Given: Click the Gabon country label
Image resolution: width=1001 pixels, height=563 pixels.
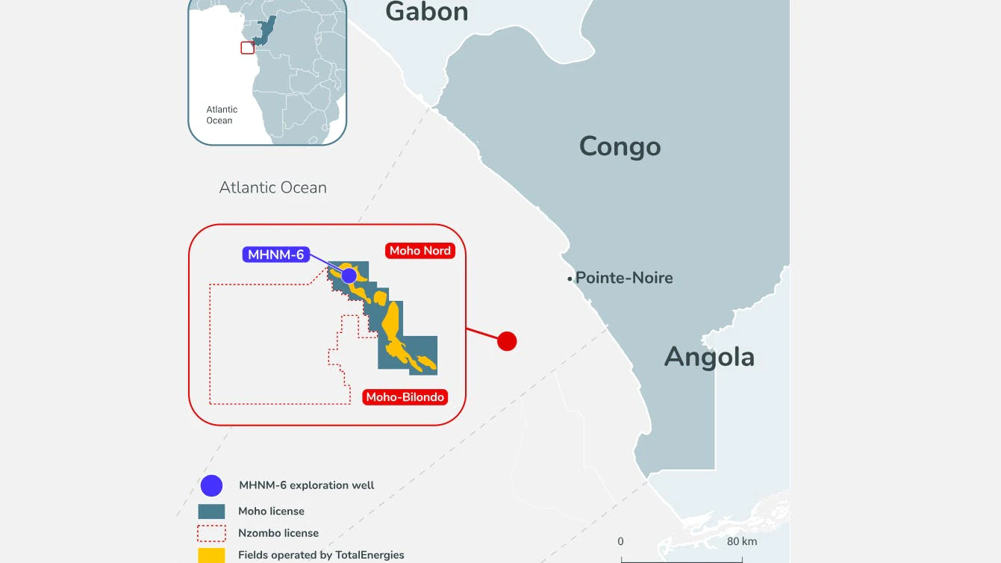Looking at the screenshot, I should click(426, 12).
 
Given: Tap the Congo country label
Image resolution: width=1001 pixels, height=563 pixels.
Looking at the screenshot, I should click(620, 146).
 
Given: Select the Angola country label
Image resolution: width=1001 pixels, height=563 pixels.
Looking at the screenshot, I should click(709, 357).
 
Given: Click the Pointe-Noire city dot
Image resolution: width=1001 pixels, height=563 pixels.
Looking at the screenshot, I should click(570, 279).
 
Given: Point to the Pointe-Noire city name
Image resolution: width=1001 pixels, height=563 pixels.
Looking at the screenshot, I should click(624, 278).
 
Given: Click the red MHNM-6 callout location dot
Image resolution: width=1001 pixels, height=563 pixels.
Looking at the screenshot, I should click(507, 341).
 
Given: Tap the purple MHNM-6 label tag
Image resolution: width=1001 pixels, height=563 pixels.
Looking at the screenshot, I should click(276, 255).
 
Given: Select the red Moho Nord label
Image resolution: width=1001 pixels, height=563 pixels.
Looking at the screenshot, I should click(420, 251).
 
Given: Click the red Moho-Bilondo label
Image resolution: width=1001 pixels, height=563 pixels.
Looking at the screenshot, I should click(405, 397).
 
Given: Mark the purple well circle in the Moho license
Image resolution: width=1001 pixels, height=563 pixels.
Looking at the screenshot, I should click(349, 276).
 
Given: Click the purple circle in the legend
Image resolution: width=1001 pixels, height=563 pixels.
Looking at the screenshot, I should click(212, 486).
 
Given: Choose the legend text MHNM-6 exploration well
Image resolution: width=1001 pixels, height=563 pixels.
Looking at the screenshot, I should click(306, 485).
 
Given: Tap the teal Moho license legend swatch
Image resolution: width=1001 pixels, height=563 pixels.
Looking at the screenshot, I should click(211, 511).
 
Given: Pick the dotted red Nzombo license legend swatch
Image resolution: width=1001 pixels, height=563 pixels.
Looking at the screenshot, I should click(211, 533).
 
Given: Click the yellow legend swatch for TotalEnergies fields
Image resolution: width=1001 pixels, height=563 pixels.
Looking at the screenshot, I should click(211, 555).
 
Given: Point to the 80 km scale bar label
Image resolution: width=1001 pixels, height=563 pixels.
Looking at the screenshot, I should click(742, 541).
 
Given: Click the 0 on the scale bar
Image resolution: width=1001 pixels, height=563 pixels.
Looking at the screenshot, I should click(620, 541).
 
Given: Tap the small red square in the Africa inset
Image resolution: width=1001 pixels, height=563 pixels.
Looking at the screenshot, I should click(247, 48).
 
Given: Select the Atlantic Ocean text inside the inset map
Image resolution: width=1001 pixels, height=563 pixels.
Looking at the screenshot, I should click(221, 115).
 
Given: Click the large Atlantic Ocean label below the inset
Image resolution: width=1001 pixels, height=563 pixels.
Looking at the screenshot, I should click(272, 187).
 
